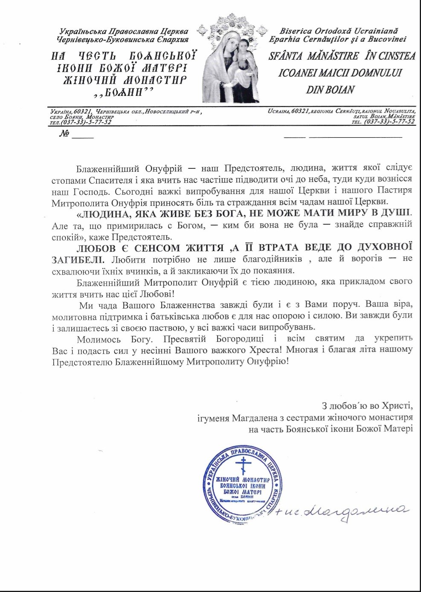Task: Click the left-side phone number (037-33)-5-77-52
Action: [x=86, y=122]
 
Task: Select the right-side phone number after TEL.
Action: [x=389, y=121]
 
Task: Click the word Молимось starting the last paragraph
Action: [x=96, y=339]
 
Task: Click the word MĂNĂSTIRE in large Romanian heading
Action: [x=333, y=56]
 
